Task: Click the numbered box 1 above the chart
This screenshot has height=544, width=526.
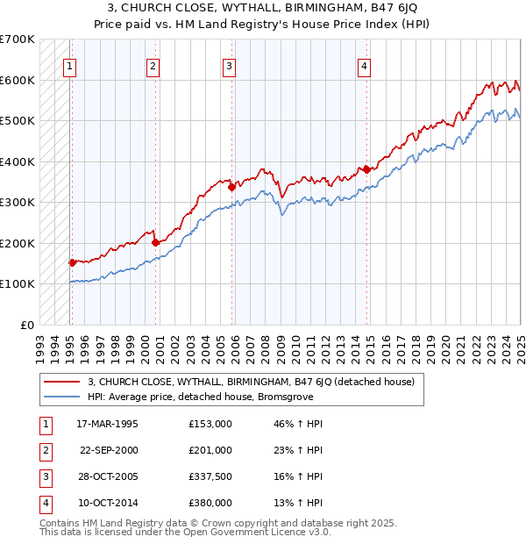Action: click(68, 64)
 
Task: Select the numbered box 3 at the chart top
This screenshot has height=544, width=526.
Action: click(229, 64)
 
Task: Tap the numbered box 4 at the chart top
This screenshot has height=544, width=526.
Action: click(364, 64)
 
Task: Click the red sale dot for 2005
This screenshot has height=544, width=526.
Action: click(231, 186)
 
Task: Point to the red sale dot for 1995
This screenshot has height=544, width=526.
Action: click(72, 261)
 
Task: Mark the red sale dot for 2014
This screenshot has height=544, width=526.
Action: click(366, 169)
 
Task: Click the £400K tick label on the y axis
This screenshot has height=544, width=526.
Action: click(18, 161)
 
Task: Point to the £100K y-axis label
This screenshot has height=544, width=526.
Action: click(18, 283)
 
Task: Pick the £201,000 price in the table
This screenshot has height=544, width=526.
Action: click(210, 450)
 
